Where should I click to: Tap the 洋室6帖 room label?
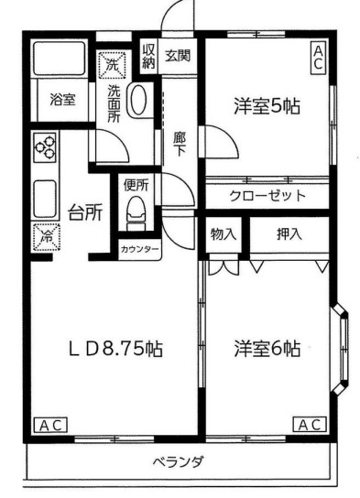coord(267,348)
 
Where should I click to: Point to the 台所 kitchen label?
coord(84,212)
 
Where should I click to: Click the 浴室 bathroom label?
coord(62,102)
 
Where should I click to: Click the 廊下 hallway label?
coord(180,144)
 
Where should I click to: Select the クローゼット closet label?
coord(267,196)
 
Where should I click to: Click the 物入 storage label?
coord(224,233)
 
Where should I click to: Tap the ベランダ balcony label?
coord(177,460)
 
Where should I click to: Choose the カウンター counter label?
coord(139,249)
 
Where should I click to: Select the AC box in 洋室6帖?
coord(310,425)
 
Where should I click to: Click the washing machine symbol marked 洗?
coord(111,64)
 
